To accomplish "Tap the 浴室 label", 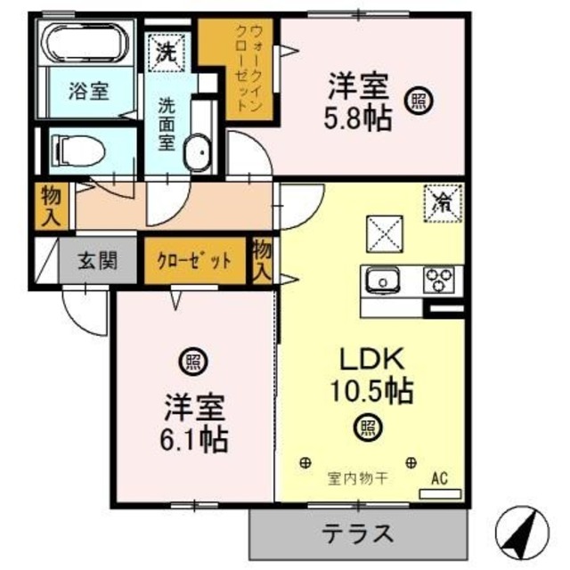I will (89, 90).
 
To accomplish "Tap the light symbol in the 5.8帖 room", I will (417, 102).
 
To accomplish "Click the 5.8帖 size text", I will (359, 118).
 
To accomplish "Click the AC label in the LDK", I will (439, 478).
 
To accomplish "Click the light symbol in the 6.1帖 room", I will (191, 362).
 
